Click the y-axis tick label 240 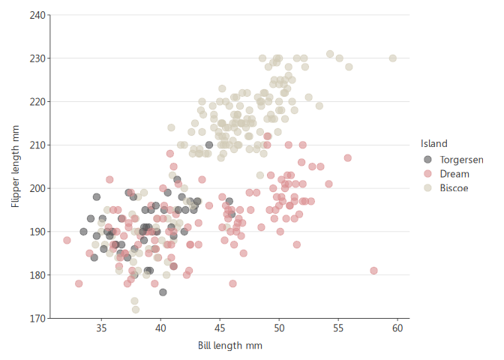click(x=36, y=15)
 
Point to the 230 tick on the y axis click(x=36, y=58)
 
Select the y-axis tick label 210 click(x=36, y=145)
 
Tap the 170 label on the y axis click(x=36, y=318)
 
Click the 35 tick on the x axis click(x=101, y=328)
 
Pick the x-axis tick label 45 click(x=220, y=328)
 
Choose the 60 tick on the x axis click(x=397, y=328)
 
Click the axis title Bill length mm click(x=229, y=345)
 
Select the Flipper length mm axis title click(x=14, y=166)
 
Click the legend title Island click(x=434, y=143)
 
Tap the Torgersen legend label click(x=461, y=159)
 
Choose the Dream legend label click(x=454, y=173)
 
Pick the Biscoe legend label click(x=454, y=187)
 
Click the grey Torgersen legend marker click(x=428, y=159)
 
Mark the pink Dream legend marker click(x=428, y=173)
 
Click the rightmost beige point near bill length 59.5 click(x=393, y=58)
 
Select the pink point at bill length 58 click(x=373, y=271)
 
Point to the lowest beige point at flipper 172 click(x=136, y=309)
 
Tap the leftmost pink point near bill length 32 click(x=67, y=240)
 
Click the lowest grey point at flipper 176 click(x=163, y=292)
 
